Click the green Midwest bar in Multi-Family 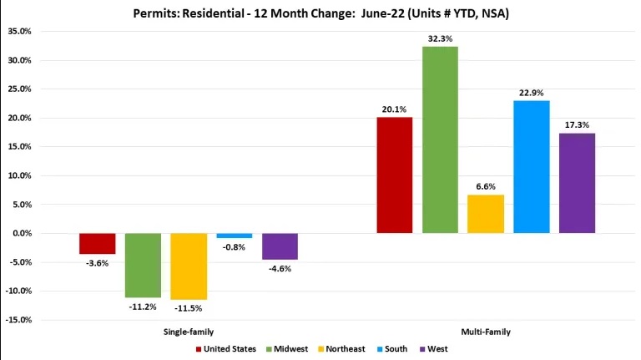(x=440, y=139)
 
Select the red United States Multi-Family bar (x=394, y=175)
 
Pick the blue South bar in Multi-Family (x=531, y=166)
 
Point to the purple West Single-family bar (x=280, y=246)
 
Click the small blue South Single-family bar (x=234, y=236)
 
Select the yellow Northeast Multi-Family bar (x=486, y=214)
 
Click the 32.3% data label (x=440, y=38)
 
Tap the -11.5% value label (x=189, y=309)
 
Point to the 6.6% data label (x=486, y=186)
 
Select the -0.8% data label (x=234, y=247)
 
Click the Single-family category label (x=188, y=332)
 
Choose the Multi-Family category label (x=485, y=332)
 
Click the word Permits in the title (x=155, y=13)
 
